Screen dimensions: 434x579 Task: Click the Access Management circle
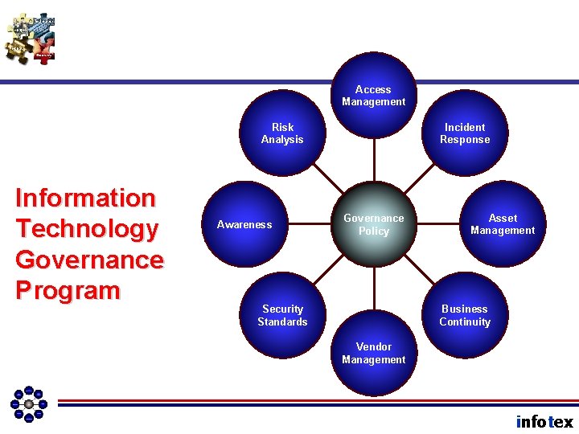(x=374, y=95)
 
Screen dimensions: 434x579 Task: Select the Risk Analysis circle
(x=283, y=133)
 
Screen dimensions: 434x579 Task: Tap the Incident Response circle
(x=464, y=133)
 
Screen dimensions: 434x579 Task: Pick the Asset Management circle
(x=503, y=224)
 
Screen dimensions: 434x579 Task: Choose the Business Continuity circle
(x=464, y=315)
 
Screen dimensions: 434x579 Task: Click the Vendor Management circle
(x=374, y=354)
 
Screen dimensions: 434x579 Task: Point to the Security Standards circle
(x=283, y=315)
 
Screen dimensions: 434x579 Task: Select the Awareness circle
(x=244, y=224)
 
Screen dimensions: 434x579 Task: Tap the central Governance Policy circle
(x=374, y=224)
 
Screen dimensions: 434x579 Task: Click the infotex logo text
(x=544, y=422)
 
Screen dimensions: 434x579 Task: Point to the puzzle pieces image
(x=31, y=37)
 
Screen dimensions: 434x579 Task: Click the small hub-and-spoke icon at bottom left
(x=29, y=403)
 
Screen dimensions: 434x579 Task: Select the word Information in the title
(x=85, y=198)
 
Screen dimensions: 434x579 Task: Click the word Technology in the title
(x=87, y=229)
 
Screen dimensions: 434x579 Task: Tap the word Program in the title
(x=68, y=291)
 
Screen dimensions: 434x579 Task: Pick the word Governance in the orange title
(x=89, y=260)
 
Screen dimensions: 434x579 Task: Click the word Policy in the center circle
(x=374, y=231)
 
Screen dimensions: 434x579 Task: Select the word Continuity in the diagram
(x=464, y=322)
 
